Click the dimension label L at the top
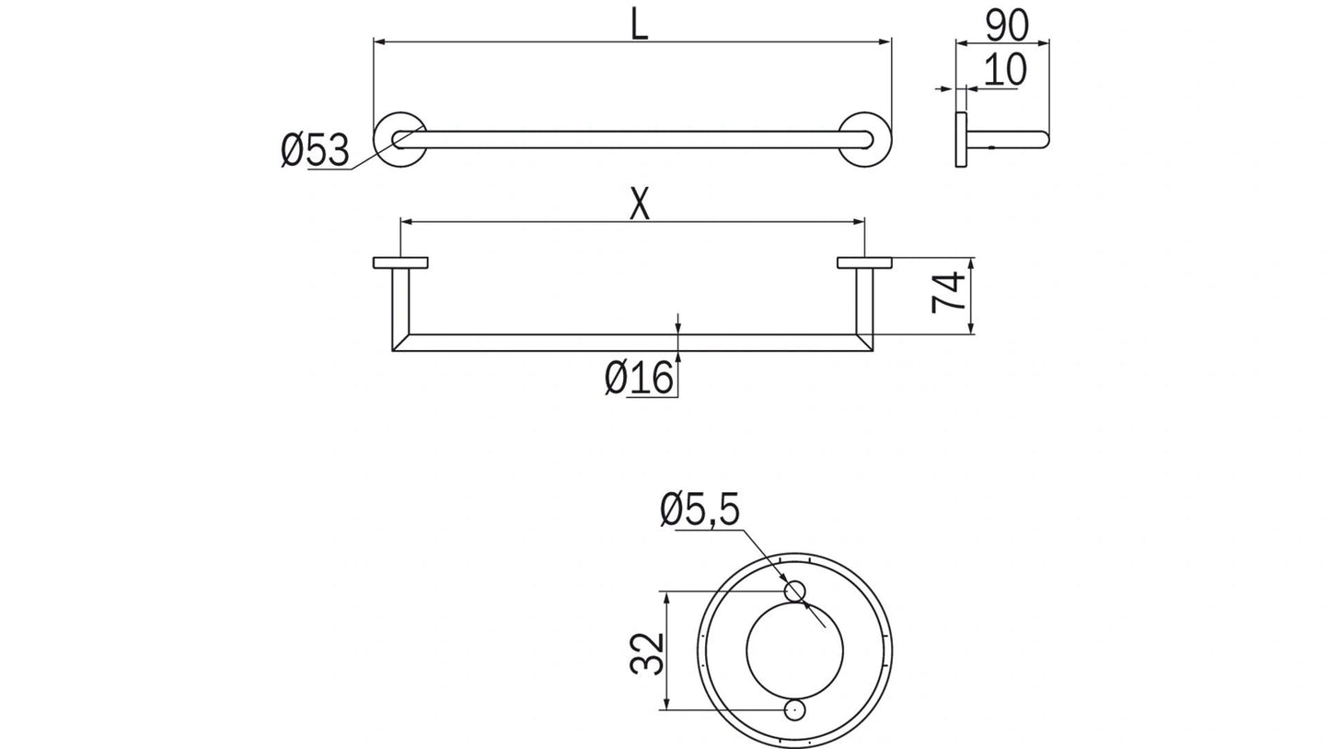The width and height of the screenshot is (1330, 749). [639, 25]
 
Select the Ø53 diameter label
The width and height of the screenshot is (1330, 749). [315, 150]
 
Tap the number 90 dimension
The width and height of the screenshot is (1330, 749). [1006, 26]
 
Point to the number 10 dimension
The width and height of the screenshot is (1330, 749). [1004, 71]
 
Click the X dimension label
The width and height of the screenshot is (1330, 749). [640, 205]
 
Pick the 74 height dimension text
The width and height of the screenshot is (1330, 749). [950, 292]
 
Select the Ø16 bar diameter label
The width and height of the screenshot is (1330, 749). [639, 378]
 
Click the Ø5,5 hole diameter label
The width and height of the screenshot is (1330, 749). [700, 509]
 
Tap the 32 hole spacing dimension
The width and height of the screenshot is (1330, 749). [647, 653]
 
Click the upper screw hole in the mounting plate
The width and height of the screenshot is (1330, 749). [794, 591]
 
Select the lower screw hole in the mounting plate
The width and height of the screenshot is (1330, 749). [794, 710]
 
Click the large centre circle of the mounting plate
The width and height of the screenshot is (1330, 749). [794, 650]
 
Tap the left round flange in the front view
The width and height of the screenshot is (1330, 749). [399, 139]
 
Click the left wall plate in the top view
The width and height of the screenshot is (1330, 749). [400, 263]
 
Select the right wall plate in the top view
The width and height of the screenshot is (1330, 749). [864, 263]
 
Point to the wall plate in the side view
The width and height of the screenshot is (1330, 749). [961, 139]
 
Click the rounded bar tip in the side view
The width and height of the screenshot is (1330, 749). [1042, 139]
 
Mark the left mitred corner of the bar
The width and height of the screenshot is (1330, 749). [400, 343]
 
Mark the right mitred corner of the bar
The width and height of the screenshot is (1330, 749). [864, 343]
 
